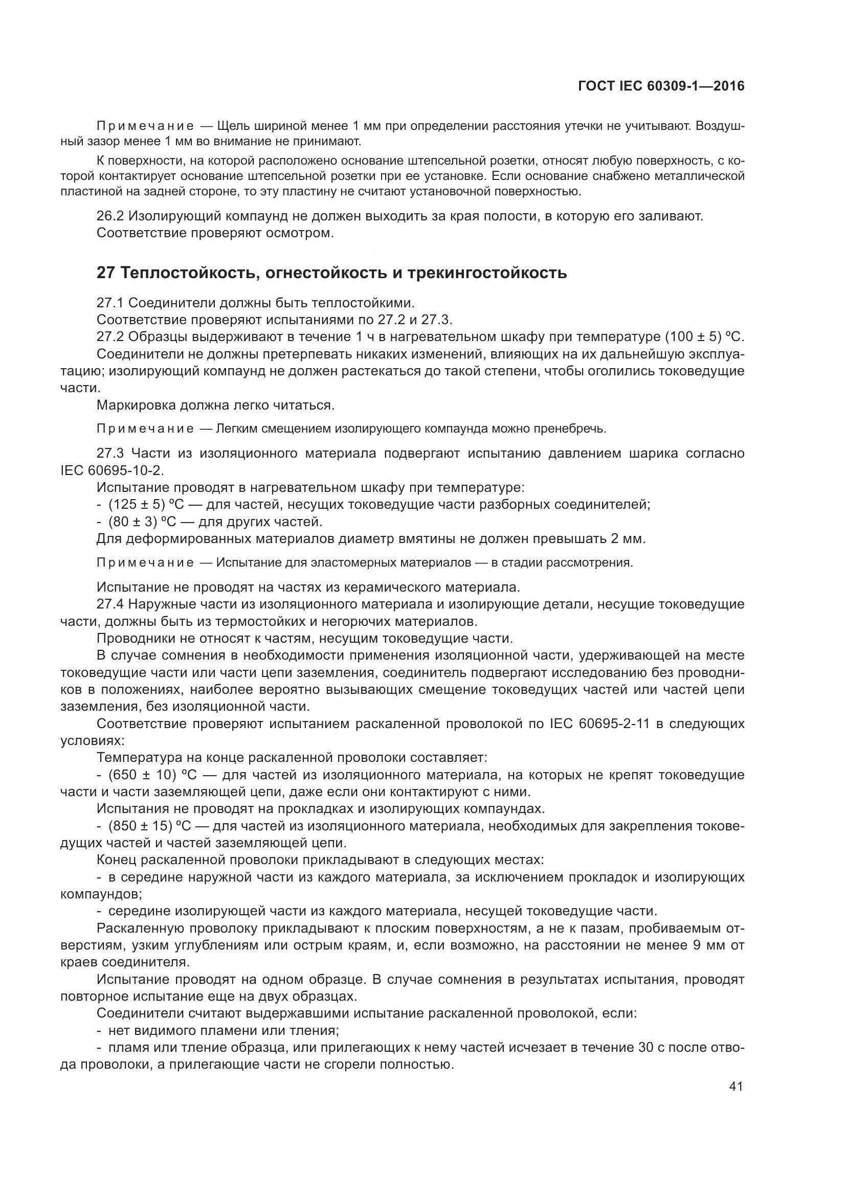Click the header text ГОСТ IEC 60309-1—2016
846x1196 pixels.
661,86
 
